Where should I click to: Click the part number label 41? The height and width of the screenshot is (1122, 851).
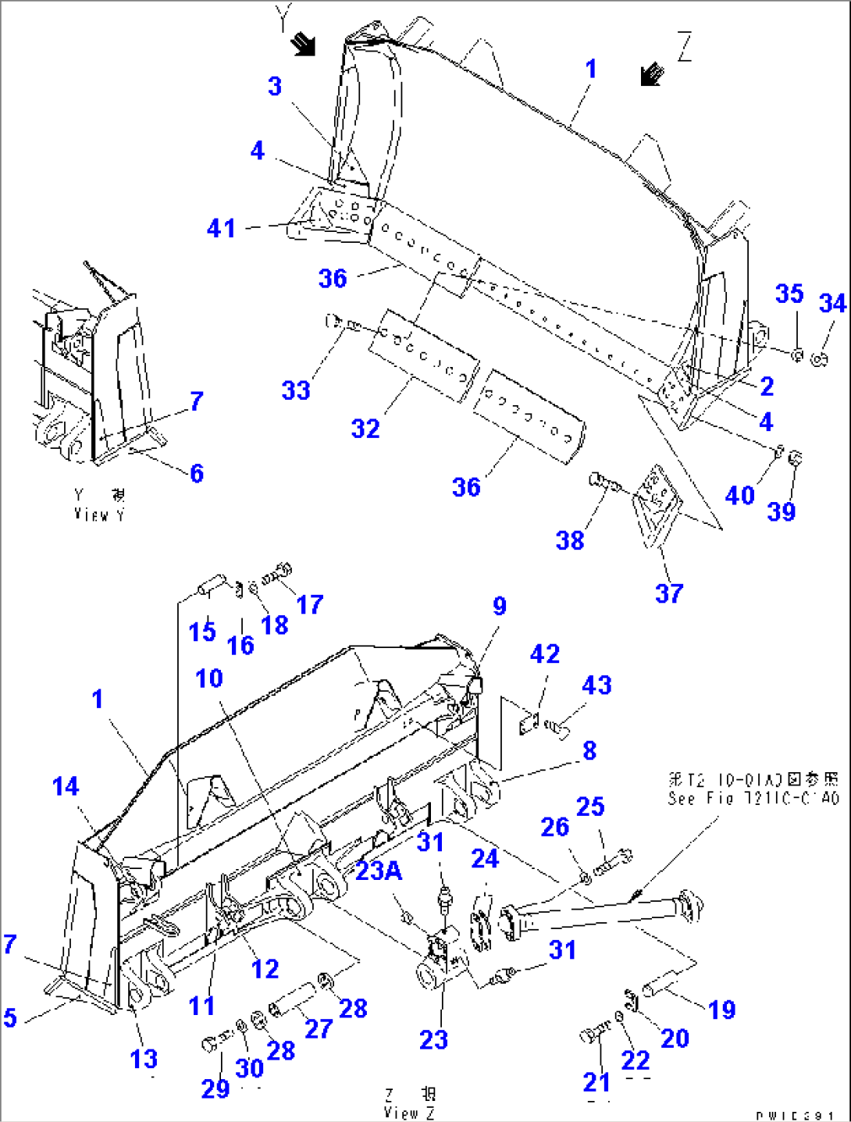pyautogui.click(x=221, y=228)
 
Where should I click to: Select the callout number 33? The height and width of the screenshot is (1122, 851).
pyautogui.click(x=296, y=390)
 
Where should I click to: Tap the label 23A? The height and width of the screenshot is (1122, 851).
pyautogui.click(x=379, y=870)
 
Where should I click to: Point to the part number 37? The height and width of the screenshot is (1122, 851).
pyautogui.click(x=669, y=593)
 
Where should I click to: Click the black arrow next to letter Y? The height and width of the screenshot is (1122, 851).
pyautogui.click(x=303, y=44)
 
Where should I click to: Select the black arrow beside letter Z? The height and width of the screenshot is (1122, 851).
pyautogui.click(x=651, y=74)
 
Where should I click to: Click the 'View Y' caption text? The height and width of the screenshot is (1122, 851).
pyautogui.click(x=99, y=506)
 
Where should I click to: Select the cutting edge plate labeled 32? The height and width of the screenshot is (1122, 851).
pyautogui.click(x=422, y=354)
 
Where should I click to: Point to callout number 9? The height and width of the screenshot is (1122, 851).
pyautogui.click(x=500, y=606)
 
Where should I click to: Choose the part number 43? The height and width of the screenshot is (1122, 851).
pyautogui.click(x=596, y=685)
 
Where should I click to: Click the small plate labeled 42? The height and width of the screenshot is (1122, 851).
pyautogui.click(x=529, y=723)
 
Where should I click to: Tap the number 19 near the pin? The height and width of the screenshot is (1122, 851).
pyautogui.click(x=721, y=1010)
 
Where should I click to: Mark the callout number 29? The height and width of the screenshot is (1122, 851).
pyautogui.click(x=215, y=1088)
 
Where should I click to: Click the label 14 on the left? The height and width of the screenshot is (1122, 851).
pyautogui.click(x=66, y=786)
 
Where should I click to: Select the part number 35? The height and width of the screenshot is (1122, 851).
pyautogui.click(x=789, y=294)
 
